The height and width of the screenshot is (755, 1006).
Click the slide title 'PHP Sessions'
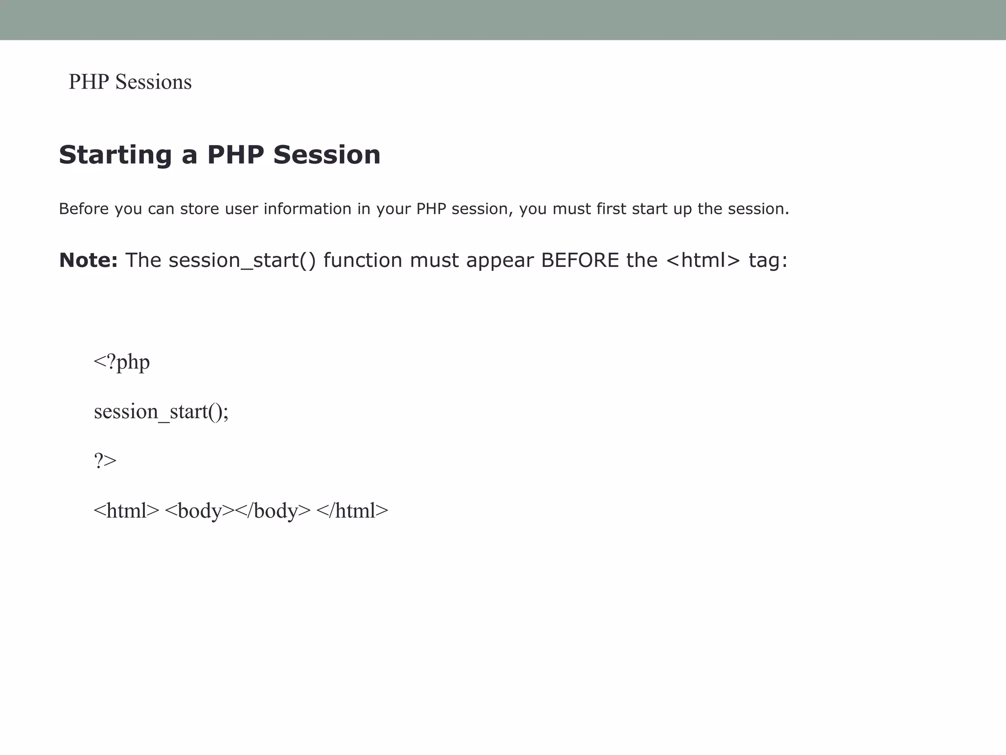pos(130,82)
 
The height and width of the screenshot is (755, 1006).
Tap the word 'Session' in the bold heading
pos(327,155)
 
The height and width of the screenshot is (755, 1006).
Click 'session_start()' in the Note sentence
pos(242,261)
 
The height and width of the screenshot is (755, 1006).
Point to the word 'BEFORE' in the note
pos(580,260)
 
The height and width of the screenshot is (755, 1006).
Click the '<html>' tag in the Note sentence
pos(703,260)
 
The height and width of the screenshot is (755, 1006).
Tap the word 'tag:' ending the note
pos(768,261)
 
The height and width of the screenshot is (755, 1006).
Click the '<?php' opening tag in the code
pos(122,362)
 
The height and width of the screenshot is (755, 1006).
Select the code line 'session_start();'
pos(161,411)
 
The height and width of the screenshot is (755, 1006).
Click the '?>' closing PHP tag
pos(105,461)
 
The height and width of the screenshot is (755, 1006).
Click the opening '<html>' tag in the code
pos(126,511)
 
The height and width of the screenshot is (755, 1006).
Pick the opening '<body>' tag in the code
pos(199,511)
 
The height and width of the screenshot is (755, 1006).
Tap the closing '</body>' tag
pos(273,511)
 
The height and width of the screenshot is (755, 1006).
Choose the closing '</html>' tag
pos(352,511)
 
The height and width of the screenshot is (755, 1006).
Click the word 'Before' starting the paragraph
pos(84,209)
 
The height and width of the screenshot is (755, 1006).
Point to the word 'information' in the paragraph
pos(307,209)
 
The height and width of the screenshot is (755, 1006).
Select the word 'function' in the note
pos(363,260)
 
